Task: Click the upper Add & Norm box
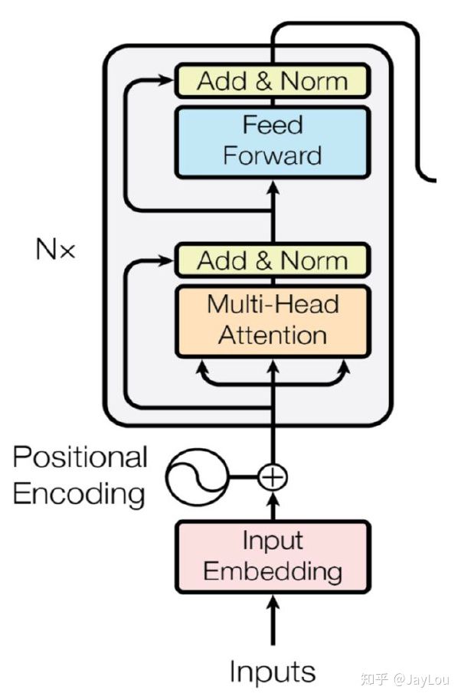coord(273,81)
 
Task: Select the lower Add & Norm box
coord(273,260)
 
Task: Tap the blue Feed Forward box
coord(273,140)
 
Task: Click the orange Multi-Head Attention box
coord(273,321)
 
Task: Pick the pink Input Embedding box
coord(273,557)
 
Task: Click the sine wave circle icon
coord(196,476)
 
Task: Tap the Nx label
coord(55,249)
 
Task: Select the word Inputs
coord(273,672)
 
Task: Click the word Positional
coord(80,457)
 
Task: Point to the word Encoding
coord(80,494)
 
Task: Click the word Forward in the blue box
coord(273,156)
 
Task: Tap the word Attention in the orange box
coord(273,336)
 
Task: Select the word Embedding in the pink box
coord(273,571)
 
